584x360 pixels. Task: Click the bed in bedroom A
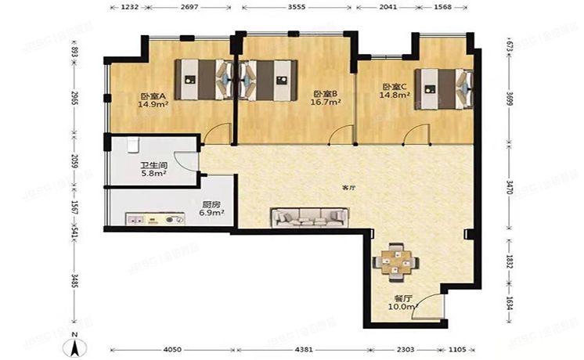tap(202, 79)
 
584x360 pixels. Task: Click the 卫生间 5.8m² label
tap(153, 169)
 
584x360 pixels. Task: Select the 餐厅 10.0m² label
tap(403, 303)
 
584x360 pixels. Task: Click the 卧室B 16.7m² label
tap(323, 97)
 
